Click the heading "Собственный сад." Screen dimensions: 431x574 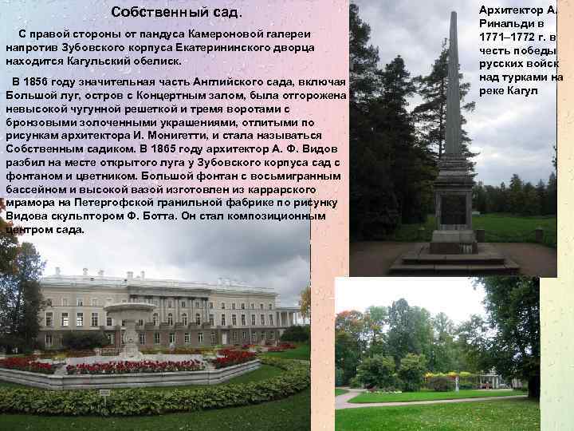click(x=176, y=13)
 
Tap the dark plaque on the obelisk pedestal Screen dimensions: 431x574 click(x=453, y=209)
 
